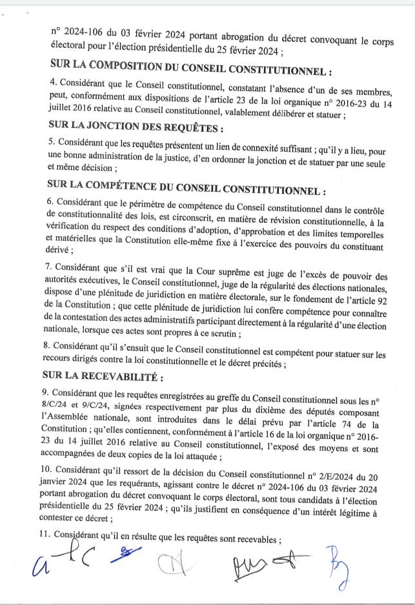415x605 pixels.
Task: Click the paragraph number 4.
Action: click(52, 83)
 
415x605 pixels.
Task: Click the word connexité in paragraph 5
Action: click(254, 141)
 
